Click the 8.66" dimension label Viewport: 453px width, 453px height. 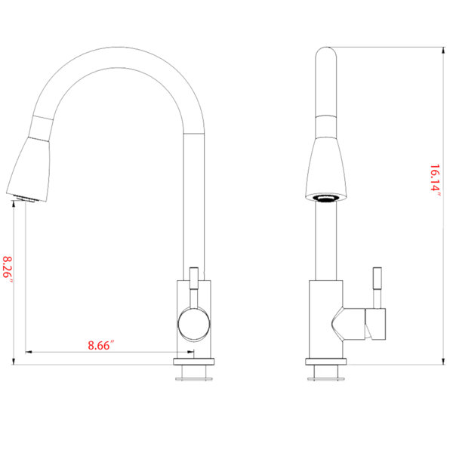(101, 345)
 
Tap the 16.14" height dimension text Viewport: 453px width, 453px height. (435, 180)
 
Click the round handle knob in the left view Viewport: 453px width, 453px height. (193, 324)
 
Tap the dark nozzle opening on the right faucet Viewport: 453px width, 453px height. (326, 199)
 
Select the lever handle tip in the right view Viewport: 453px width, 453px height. (377, 278)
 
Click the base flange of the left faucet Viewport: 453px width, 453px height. (194, 362)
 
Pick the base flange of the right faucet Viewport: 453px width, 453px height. (326, 362)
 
